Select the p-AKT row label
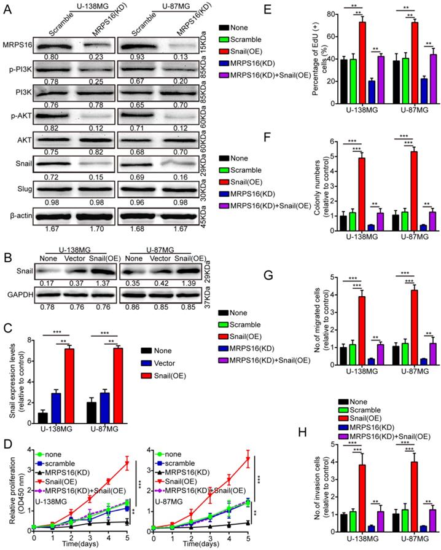(17, 116)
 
